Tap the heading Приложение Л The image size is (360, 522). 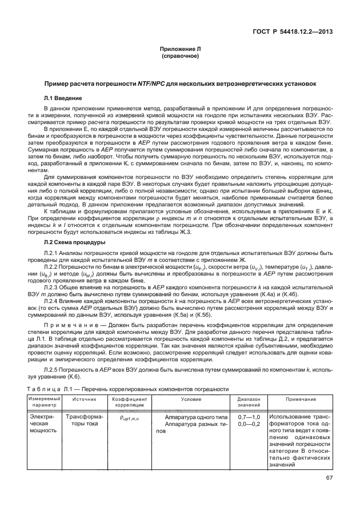click(179, 50)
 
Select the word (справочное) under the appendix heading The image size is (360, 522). click(179, 57)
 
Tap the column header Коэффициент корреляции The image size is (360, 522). click(129, 401)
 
